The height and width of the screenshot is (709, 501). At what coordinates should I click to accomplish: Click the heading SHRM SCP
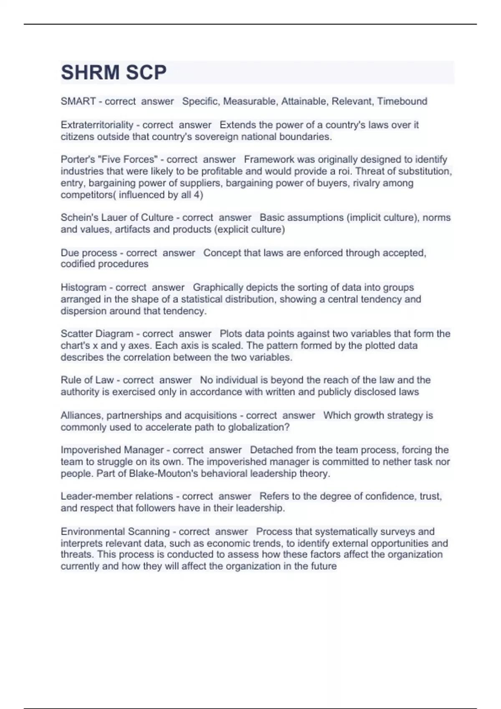pos(114,73)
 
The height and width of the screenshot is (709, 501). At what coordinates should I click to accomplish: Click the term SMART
pos(78,101)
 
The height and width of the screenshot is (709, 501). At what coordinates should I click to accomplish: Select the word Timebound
pos(402,101)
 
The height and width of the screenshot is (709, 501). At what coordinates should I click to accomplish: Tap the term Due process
pos(89,253)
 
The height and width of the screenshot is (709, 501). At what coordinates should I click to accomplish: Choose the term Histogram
pos(83,287)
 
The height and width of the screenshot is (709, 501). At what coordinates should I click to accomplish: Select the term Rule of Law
pos(87,380)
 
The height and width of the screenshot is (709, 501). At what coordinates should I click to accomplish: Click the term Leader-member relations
pos(116,496)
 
